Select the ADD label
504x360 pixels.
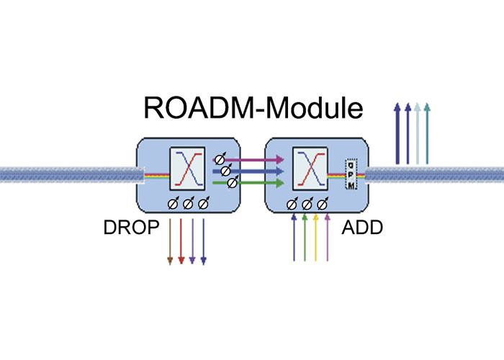click(x=362, y=229)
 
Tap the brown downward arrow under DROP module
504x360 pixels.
click(x=170, y=241)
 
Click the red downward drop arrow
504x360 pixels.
click(x=181, y=241)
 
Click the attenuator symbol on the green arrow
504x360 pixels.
click(x=231, y=184)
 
